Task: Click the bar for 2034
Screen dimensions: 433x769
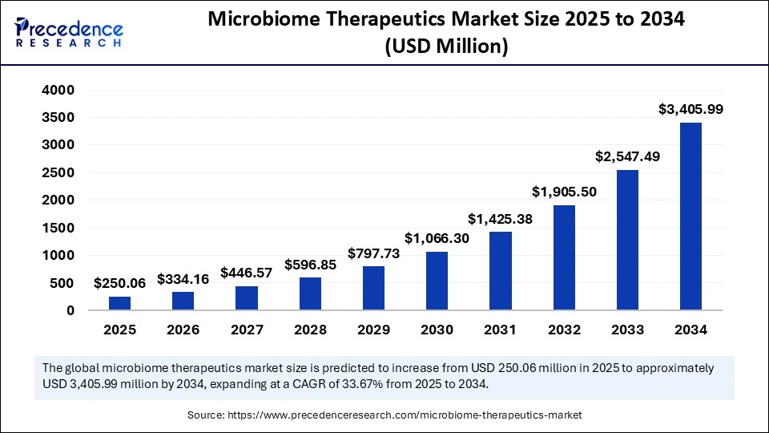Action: coord(690,216)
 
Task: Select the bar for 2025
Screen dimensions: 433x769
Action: coord(119,303)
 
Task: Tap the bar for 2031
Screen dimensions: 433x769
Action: coord(500,270)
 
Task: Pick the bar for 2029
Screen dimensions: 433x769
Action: coord(373,288)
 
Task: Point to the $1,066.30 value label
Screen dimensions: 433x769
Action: coord(437,237)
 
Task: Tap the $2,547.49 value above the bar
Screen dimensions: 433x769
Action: coord(627,156)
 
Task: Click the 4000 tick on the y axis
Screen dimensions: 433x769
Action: coord(58,90)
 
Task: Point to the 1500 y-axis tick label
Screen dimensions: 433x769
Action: coord(58,228)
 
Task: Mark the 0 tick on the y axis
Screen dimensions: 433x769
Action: coord(70,310)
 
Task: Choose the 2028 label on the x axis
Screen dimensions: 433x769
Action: coord(310,330)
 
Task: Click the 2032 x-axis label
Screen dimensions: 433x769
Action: coord(563,330)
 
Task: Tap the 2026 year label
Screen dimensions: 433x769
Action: coord(183,330)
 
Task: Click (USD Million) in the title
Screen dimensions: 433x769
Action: coord(446,47)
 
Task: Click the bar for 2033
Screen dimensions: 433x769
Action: coord(627,240)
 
